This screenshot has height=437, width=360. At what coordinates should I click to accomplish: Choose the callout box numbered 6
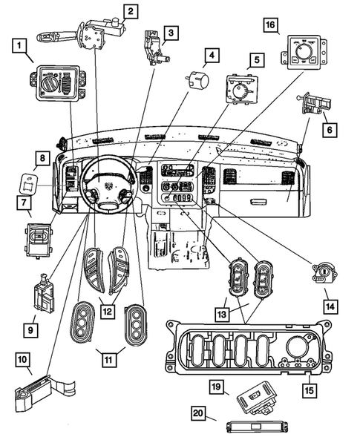click(330, 128)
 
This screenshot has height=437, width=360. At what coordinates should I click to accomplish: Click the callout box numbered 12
click(108, 312)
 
